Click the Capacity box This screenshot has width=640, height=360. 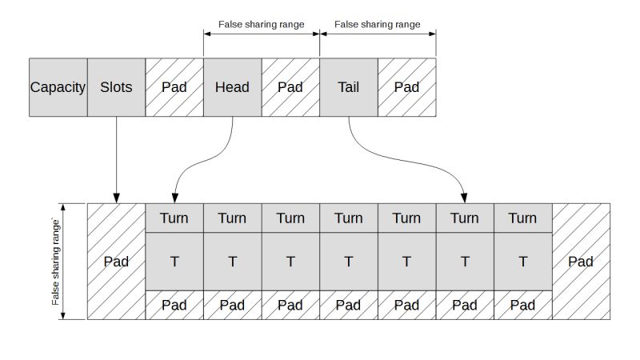pyautogui.click(x=58, y=87)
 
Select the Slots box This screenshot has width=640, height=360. pyautogui.click(x=116, y=87)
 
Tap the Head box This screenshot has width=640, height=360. pyautogui.click(x=232, y=87)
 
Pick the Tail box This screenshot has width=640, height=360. pyautogui.click(x=348, y=87)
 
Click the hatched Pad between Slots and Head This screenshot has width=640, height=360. pyautogui.click(x=174, y=87)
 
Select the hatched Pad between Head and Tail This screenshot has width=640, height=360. pyautogui.click(x=290, y=87)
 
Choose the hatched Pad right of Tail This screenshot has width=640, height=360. pyautogui.click(x=406, y=87)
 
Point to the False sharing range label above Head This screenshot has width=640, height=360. pyautogui.click(x=262, y=24)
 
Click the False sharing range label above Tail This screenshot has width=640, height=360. pyautogui.click(x=378, y=24)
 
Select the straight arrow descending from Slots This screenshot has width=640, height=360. pyautogui.click(x=117, y=160)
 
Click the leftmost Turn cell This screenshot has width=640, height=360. pyautogui.click(x=174, y=218)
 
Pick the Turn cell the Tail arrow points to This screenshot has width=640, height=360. pyautogui.click(x=464, y=218)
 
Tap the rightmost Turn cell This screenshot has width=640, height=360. pyautogui.click(x=522, y=218)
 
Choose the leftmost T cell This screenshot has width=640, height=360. pyautogui.click(x=174, y=262)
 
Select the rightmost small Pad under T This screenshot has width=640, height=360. pyautogui.click(x=522, y=305)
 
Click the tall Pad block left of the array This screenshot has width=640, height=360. pyautogui.click(x=116, y=262)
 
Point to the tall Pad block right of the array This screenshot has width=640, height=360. pyautogui.click(x=580, y=262)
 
